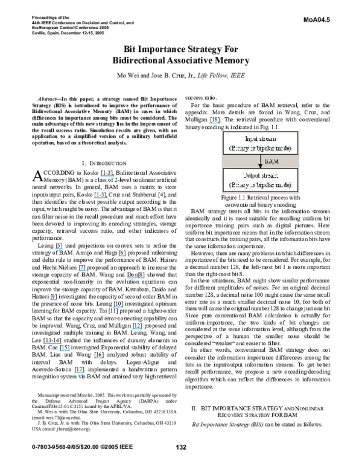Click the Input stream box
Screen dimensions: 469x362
click(260, 143)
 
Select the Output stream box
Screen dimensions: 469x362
click(260, 180)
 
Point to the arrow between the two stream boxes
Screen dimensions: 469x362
click(260, 161)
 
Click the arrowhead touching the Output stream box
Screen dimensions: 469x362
click(260, 166)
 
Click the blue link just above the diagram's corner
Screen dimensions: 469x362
click(215, 123)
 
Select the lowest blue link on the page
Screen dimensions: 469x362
click(79, 373)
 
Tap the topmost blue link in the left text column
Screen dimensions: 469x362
click(107, 176)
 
